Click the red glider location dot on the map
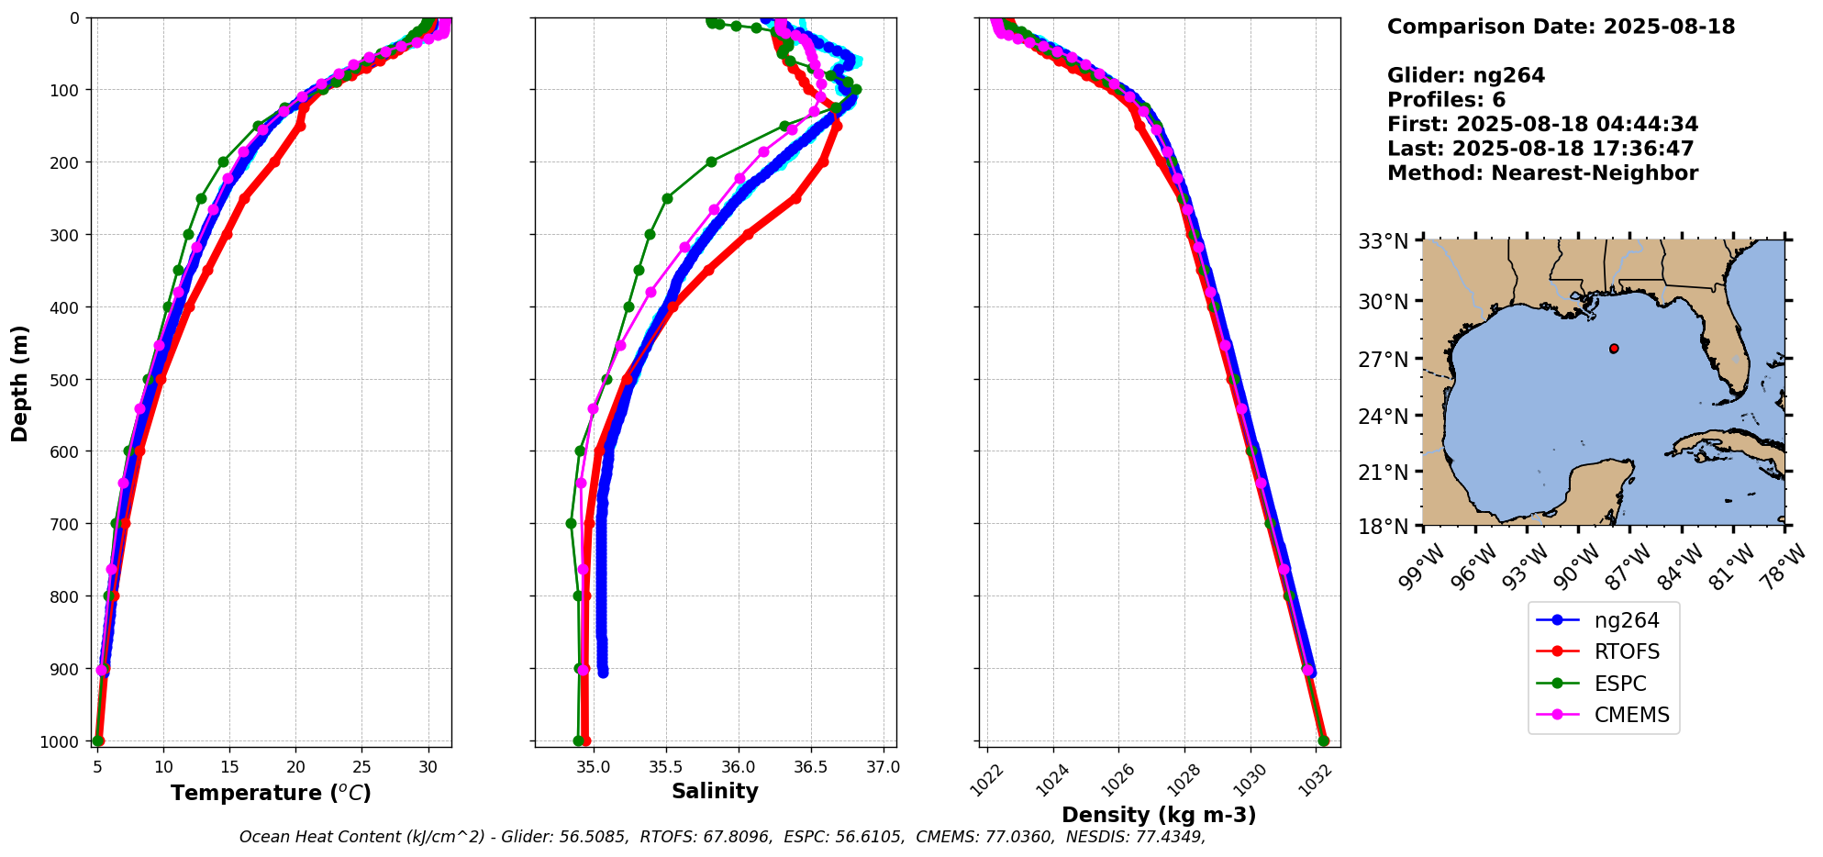tap(1614, 349)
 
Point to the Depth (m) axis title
tap(20, 383)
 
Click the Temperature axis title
tap(271, 793)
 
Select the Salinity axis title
tap(715, 792)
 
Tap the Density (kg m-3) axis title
tap(1159, 815)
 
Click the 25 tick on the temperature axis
tap(362, 767)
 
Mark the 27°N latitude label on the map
tap(1383, 359)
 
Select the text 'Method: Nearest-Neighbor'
tap(1542, 173)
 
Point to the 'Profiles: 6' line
tap(1446, 100)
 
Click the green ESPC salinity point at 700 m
tap(571, 524)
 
